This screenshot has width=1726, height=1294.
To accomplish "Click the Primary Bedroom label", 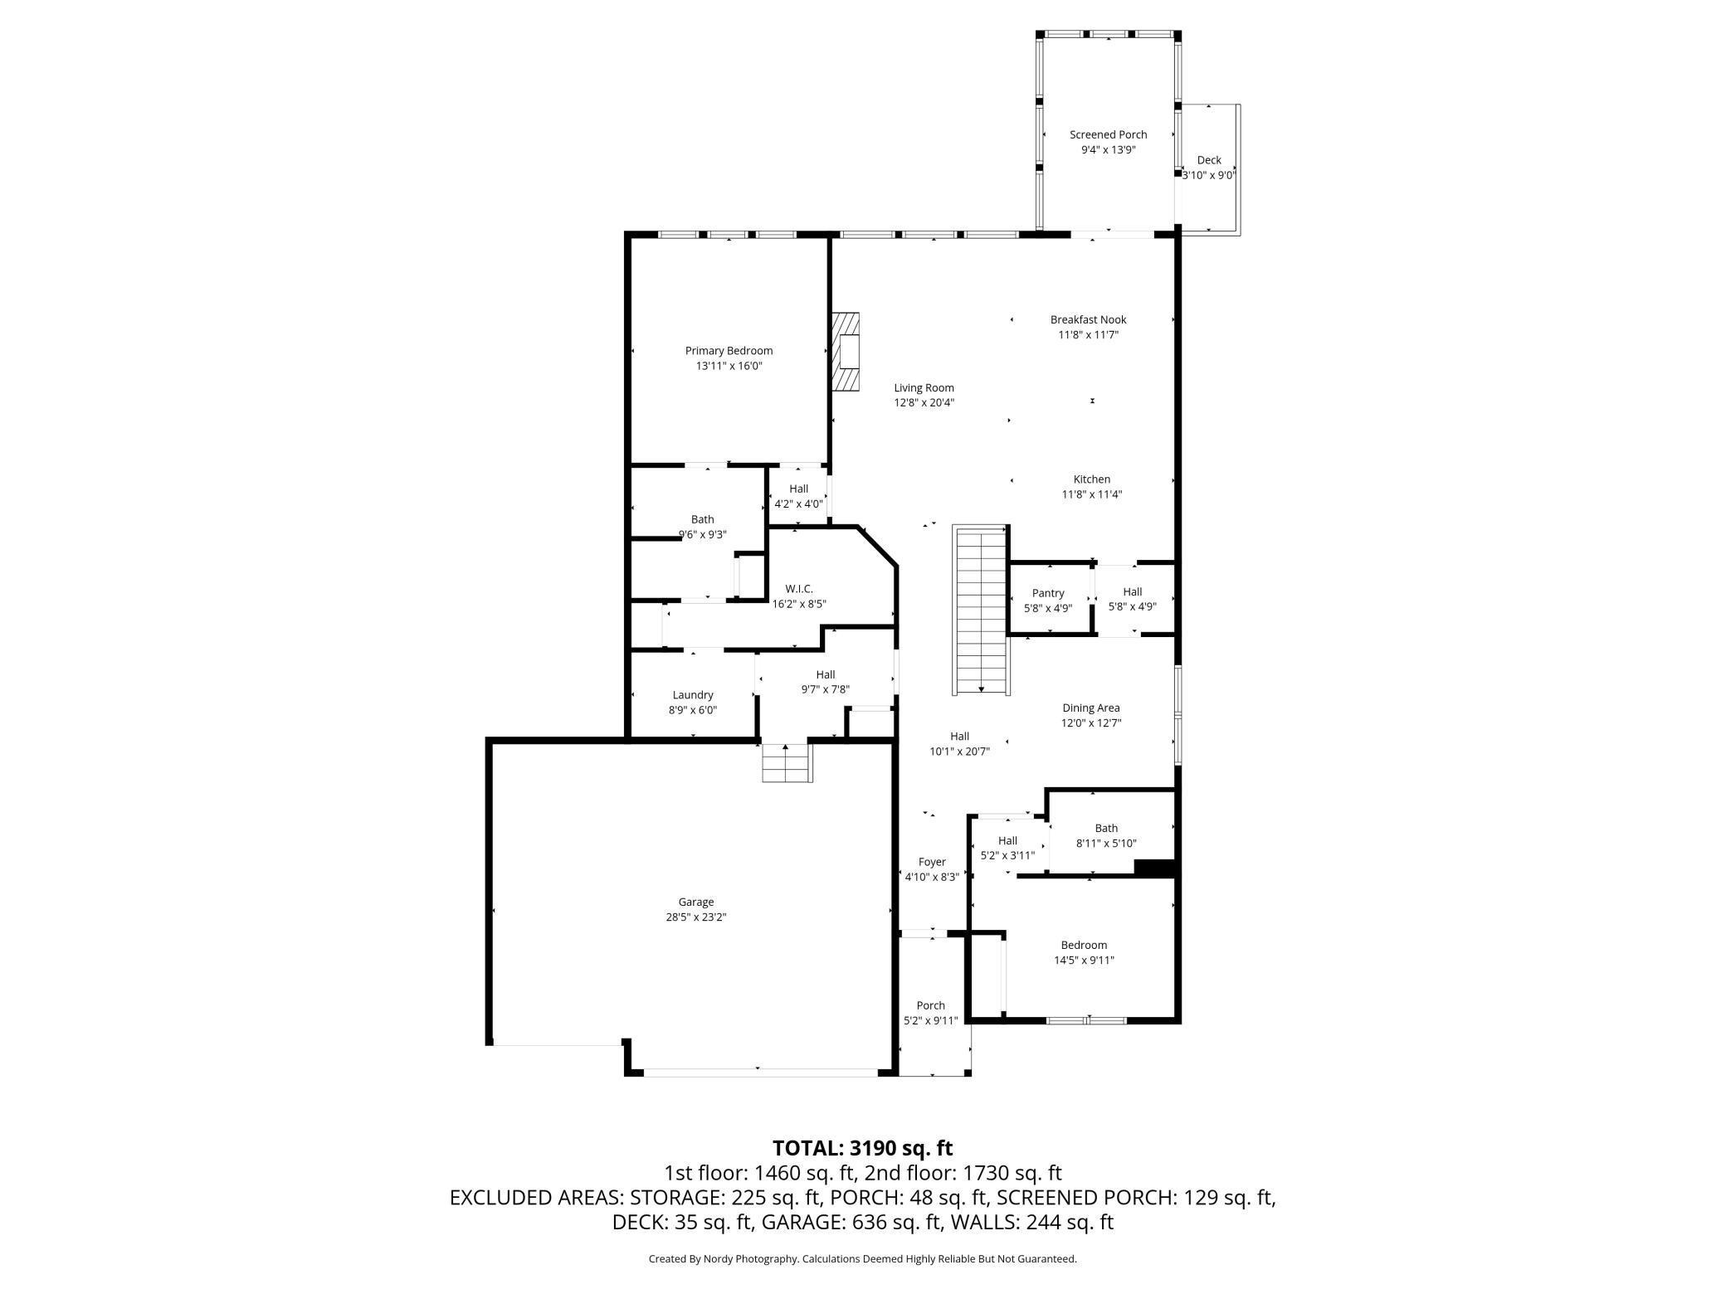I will (x=729, y=351).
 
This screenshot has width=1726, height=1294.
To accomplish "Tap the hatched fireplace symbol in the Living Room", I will (x=846, y=352).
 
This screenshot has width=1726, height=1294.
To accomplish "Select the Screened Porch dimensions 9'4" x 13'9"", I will (x=1108, y=150).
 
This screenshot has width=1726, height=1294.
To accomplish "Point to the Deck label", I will (x=1209, y=160).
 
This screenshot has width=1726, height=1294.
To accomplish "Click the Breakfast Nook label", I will (x=1088, y=319).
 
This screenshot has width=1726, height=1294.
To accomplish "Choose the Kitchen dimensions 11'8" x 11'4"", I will (x=1092, y=494).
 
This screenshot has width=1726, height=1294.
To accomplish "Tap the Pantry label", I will (x=1048, y=593).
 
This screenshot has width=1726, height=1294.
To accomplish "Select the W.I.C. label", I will (x=799, y=589).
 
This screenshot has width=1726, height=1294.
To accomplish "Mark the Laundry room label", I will (x=693, y=695).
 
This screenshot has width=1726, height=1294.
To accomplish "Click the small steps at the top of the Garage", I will (x=786, y=763).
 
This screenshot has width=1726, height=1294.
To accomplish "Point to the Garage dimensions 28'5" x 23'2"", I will (x=696, y=917).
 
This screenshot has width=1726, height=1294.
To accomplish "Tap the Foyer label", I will (x=932, y=862).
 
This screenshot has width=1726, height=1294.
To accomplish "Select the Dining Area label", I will (x=1090, y=708).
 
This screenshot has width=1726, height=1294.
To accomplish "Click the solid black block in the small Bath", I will (x=1154, y=868).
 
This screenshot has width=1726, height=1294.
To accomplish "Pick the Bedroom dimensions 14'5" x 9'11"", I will (x=1084, y=961).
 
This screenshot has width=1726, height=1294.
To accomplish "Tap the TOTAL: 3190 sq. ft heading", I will (x=862, y=1148).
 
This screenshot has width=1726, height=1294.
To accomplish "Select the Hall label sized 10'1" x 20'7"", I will (x=959, y=736).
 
